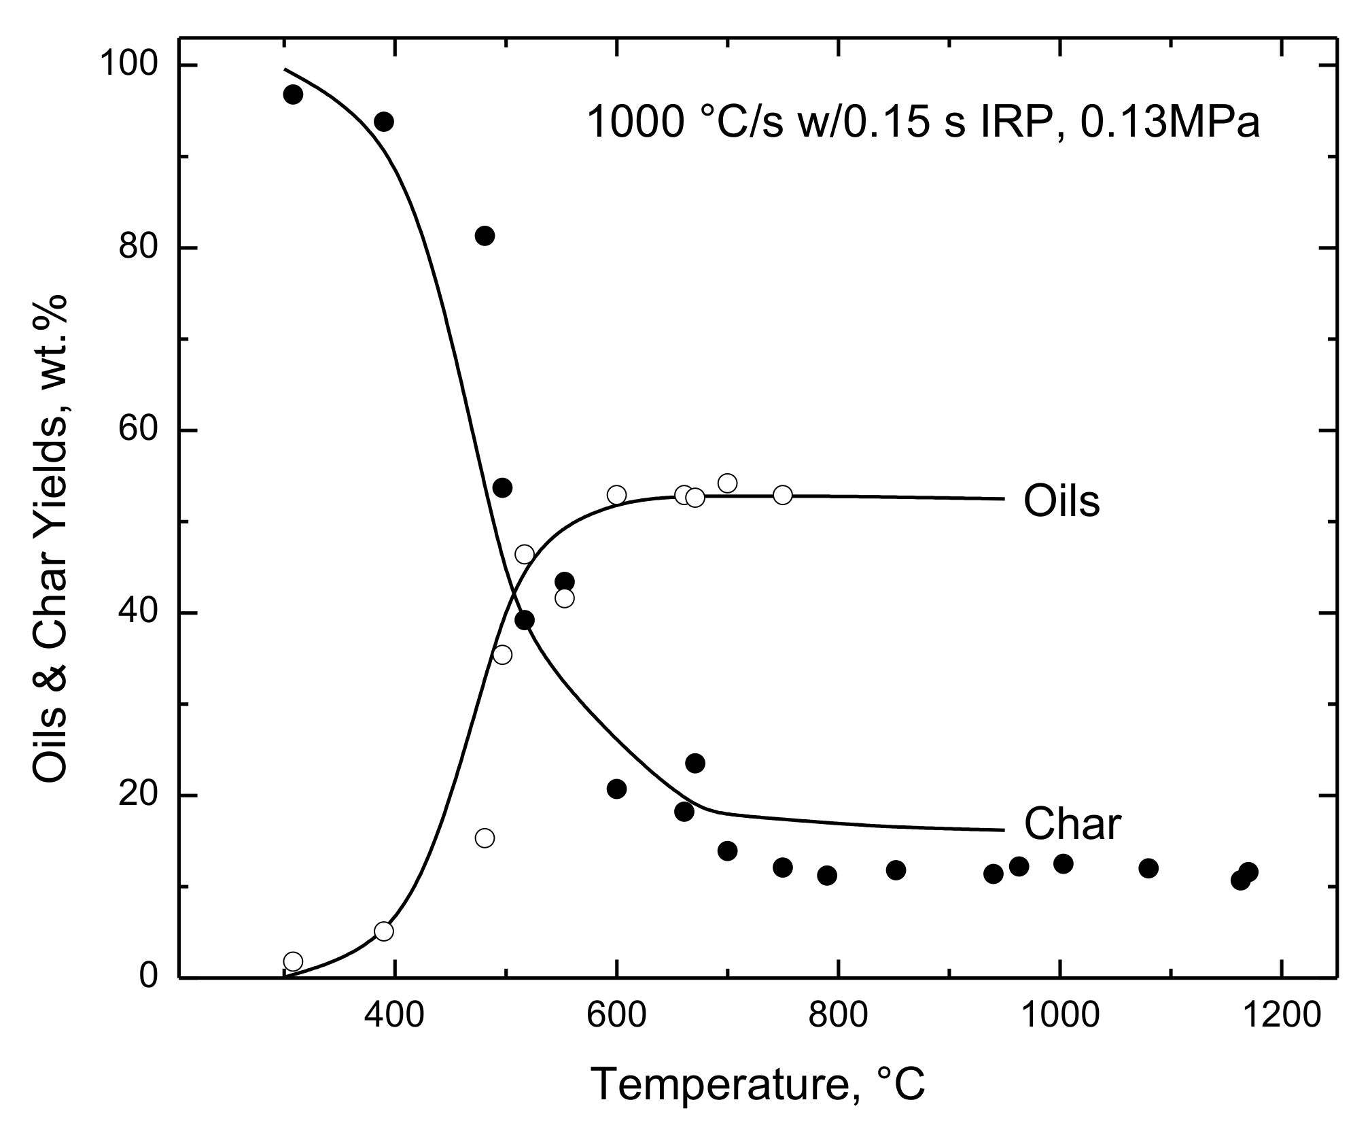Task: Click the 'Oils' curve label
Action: click(x=1061, y=501)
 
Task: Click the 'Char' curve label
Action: click(x=1072, y=824)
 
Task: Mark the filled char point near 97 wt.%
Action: click(x=293, y=94)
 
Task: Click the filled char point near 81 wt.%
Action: click(x=485, y=236)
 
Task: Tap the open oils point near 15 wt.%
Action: click(x=485, y=838)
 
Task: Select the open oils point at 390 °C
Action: click(x=384, y=931)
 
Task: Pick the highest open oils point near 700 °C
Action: click(x=727, y=483)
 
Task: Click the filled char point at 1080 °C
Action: click(x=1148, y=867)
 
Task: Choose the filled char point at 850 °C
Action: click(x=896, y=870)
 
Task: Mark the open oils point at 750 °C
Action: click(x=783, y=495)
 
